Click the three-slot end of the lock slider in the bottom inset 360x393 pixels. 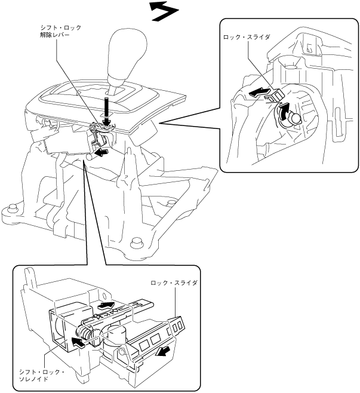pyautogui.click(x=177, y=326)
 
